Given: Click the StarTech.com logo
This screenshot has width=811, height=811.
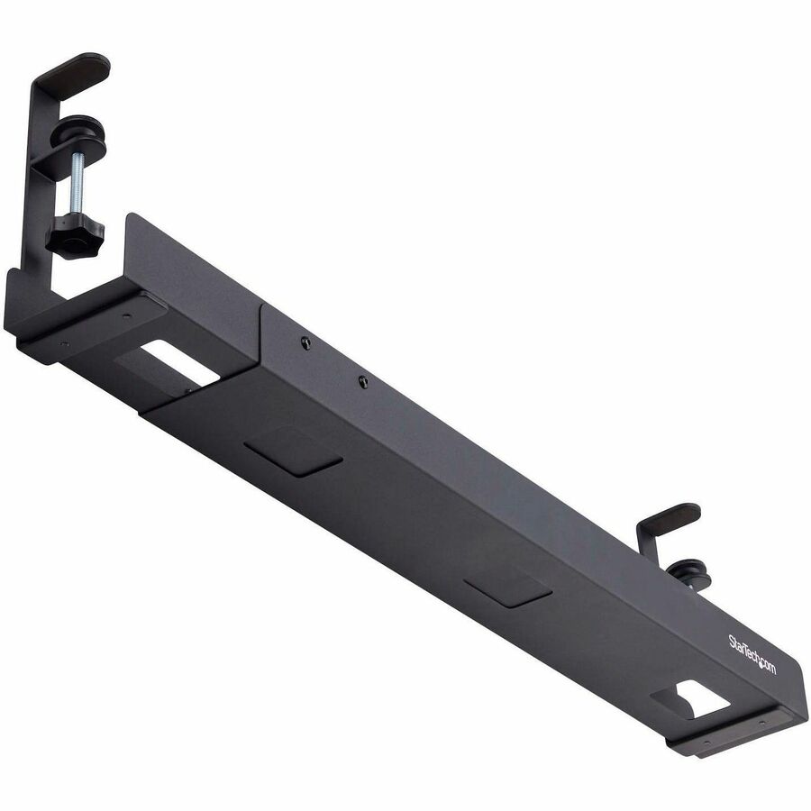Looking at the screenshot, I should (752, 654).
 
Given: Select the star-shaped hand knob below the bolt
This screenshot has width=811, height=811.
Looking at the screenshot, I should (75, 236).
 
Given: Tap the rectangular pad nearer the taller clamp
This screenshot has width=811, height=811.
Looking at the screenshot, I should (294, 450).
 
